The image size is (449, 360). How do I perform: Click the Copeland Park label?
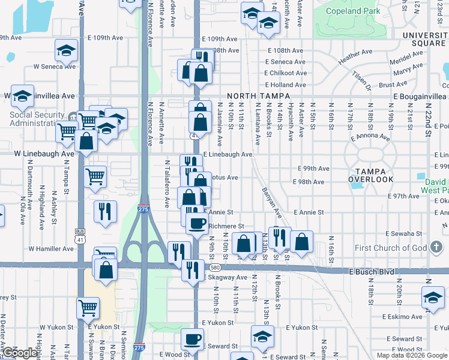click(x=352, y=11)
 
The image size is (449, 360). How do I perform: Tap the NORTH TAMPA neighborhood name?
click(x=258, y=96)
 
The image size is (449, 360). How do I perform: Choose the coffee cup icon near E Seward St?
click(x=192, y=340)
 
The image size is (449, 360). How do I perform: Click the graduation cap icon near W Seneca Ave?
click(x=66, y=51)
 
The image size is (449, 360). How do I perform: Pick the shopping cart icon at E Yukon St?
click(x=88, y=308)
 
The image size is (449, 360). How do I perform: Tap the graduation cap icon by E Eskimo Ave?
click(x=433, y=298)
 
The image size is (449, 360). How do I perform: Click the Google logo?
click(x=20, y=352)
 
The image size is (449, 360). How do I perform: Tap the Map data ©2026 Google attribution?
click(x=411, y=355)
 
